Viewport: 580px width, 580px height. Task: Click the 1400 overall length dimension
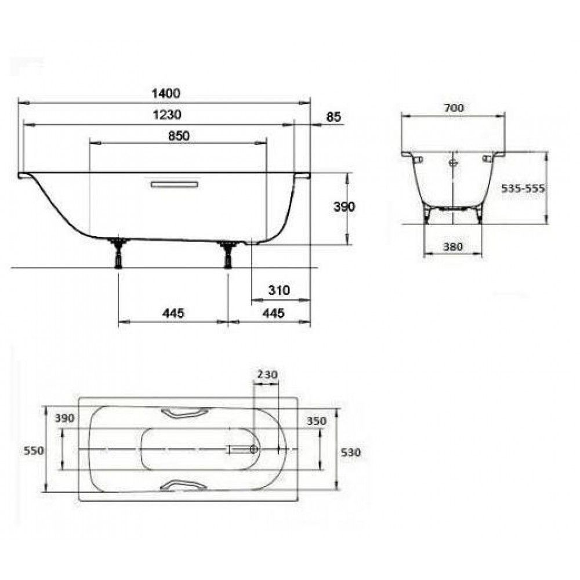tap(166, 93)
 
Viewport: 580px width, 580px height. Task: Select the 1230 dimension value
tap(167, 115)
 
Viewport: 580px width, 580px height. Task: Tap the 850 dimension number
tap(179, 136)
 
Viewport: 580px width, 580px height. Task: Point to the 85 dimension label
tap(333, 117)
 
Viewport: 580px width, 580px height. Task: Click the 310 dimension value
tap(279, 290)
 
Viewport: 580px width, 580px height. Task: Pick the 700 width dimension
tap(454, 108)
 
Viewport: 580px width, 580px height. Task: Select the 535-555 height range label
tap(523, 188)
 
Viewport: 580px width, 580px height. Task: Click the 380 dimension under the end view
tap(453, 246)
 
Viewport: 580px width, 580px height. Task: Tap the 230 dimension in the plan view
tap(267, 375)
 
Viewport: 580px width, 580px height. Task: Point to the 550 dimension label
tap(34, 451)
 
